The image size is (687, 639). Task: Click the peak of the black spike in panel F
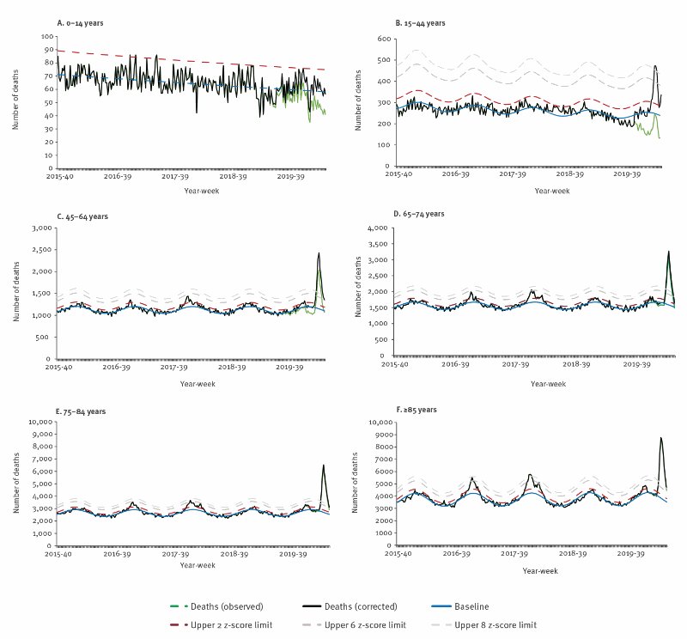click(660, 438)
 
